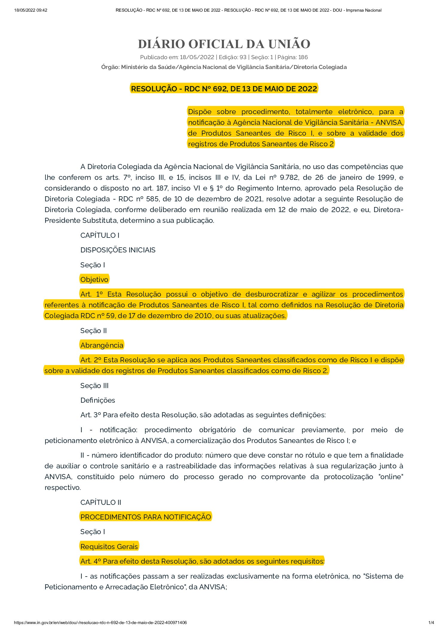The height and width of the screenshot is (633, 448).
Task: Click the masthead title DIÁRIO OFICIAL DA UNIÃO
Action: [224, 44]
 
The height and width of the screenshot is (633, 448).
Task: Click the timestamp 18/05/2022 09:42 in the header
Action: [31, 10]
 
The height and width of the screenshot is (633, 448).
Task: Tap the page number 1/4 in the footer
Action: [431, 623]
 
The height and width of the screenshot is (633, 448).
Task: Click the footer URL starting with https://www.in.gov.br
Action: [100, 623]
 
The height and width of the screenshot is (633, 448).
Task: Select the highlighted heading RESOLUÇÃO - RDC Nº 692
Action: [224, 89]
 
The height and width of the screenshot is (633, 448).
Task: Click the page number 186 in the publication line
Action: [303, 57]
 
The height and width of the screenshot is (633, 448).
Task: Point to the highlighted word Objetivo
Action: [94, 280]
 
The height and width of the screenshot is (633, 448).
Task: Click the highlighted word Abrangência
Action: [102, 345]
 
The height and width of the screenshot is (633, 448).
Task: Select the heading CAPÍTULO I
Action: [100, 235]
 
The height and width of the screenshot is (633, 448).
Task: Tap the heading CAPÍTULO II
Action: [101, 502]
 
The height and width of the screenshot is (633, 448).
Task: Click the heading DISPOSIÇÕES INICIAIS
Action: [118, 250]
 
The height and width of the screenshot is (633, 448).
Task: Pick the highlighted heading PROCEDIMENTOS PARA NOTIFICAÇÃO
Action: [146, 517]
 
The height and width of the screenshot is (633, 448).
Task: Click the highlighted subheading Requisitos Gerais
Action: [109, 547]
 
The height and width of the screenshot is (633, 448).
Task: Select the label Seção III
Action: [95, 386]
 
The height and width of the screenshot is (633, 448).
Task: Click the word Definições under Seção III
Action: [98, 400]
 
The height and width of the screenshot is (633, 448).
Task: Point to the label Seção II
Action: [94, 331]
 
